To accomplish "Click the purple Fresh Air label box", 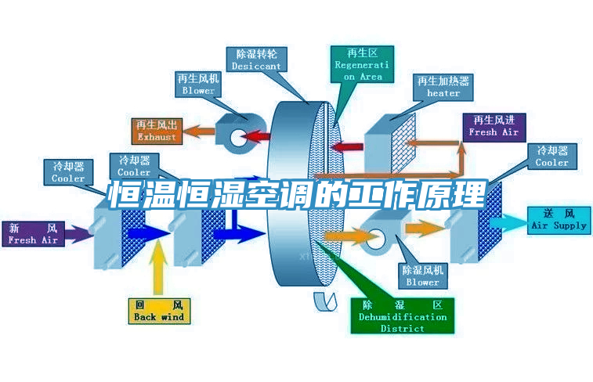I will click(x=33, y=234).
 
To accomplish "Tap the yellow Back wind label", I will click(x=159, y=310).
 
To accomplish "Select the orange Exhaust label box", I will click(x=157, y=131).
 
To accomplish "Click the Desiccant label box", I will click(x=256, y=60).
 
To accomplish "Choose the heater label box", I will click(x=443, y=87).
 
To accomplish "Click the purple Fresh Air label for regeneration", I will click(x=494, y=126).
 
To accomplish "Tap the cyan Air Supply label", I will click(x=559, y=219).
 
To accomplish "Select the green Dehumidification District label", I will click(x=403, y=315).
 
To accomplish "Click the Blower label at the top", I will click(x=198, y=85).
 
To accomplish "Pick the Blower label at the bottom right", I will click(x=423, y=276).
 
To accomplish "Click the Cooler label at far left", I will click(x=68, y=172).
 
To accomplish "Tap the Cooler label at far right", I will click(x=552, y=157).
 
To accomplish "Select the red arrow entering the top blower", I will click(x=255, y=138).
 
